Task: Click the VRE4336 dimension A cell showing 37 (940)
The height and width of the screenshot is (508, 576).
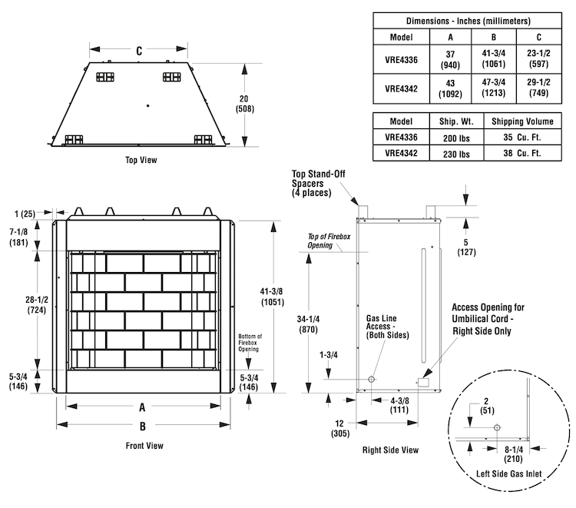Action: [450, 59]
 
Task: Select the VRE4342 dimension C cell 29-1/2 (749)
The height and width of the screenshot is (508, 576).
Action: [539, 88]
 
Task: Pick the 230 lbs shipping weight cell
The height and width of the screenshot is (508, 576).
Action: [456, 154]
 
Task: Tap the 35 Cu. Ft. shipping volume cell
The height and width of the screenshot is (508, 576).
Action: [522, 137]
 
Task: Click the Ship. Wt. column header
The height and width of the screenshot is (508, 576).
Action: [456, 121]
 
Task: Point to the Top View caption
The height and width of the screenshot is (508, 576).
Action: [141, 160]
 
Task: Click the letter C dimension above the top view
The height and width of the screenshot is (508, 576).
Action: [139, 51]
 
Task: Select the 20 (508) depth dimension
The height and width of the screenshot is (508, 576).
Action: [245, 104]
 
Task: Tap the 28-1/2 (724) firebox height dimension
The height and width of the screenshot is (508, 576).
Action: [37, 305]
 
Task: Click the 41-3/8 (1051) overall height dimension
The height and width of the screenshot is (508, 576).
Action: [272, 297]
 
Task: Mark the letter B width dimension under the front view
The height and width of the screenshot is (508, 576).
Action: [143, 426]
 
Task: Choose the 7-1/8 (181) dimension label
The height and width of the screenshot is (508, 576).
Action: [18, 237]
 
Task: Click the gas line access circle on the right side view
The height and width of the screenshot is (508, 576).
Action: [372, 379]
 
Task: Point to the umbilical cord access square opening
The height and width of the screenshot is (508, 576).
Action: [423, 382]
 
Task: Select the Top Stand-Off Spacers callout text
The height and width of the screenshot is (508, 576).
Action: [319, 183]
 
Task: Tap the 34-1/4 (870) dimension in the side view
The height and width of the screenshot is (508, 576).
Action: [308, 324]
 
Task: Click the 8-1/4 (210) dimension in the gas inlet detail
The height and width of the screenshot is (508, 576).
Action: [514, 454]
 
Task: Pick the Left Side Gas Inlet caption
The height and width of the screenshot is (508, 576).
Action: [508, 474]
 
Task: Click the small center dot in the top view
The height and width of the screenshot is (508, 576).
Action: [147, 105]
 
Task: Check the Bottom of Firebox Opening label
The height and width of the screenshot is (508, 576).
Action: [250, 343]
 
